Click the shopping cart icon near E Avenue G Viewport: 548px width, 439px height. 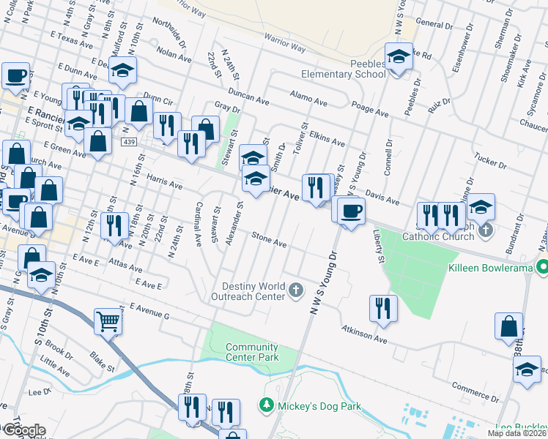click(108, 320)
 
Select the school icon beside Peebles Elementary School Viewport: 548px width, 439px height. click(399, 56)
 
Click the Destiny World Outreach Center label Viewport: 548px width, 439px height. click(253, 291)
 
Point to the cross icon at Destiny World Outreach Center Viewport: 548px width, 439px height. click(296, 291)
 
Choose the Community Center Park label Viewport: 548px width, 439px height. click(252, 352)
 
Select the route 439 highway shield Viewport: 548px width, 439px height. click(130, 141)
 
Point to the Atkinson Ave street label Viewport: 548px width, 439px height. click(363, 334)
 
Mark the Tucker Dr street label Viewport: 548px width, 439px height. click(492, 160)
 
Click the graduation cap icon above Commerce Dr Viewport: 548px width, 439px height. click(526, 369)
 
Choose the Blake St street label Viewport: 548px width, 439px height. click(99, 362)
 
